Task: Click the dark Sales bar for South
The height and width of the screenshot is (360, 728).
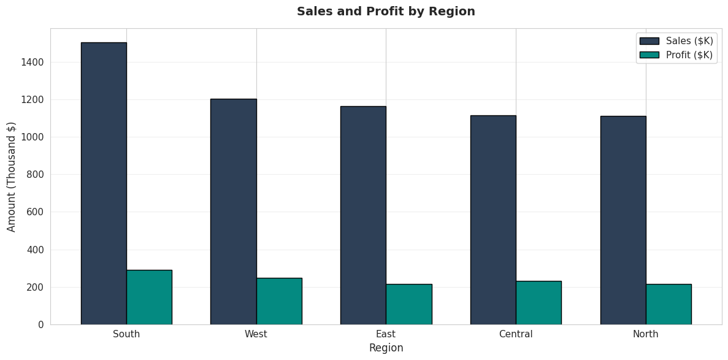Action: [104, 183]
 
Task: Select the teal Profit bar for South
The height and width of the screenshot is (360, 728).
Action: [150, 297]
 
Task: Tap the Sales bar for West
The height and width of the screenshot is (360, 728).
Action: [234, 212]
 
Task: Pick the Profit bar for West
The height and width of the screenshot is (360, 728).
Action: [279, 301]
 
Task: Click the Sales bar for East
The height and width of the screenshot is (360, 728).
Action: [364, 215]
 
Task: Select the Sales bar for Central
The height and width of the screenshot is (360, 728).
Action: [493, 220]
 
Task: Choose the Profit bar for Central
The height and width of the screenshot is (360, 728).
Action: [538, 303]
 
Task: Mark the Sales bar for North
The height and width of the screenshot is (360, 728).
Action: [623, 220]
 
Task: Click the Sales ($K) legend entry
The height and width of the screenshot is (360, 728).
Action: [676, 41]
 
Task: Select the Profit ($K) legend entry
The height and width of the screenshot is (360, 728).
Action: [676, 55]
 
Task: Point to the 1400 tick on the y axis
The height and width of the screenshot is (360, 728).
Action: [33, 62]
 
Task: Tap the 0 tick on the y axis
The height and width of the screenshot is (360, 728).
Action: [41, 324]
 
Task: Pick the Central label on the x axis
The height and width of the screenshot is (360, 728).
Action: [516, 334]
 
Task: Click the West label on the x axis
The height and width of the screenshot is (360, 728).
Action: [256, 334]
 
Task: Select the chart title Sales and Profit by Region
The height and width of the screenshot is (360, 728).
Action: [386, 12]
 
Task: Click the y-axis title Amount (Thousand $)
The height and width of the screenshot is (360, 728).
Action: [12, 177]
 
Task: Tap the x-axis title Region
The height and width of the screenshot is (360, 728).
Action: [386, 348]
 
